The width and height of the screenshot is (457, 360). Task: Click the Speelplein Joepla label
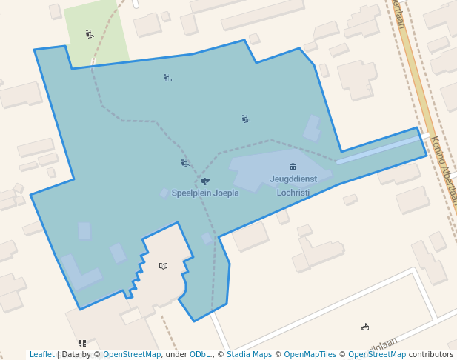[x=205, y=193]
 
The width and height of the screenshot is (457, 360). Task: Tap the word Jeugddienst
[x=293, y=179]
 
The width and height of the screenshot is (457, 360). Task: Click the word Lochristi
[x=293, y=193]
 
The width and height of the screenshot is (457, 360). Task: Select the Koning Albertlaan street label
[x=443, y=171]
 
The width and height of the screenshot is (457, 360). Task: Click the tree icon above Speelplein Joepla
[x=205, y=181]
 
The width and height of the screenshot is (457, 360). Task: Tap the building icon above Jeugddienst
[x=293, y=167]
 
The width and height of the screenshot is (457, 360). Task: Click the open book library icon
[x=164, y=266]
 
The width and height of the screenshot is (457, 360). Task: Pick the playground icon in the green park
[x=90, y=33]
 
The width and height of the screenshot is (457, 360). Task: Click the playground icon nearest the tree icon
[x=185, y=163]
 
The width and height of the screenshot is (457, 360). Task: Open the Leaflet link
[x=41, y=355]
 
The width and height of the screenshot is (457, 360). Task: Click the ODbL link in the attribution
[x=200, y=355]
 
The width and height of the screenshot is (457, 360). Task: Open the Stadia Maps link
[x=248, y=355]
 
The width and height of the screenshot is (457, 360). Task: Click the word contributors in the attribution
[x=431, y=355]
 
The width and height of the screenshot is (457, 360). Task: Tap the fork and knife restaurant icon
[x=82, y=344]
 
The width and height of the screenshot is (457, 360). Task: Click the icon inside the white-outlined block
[x=365, y=327]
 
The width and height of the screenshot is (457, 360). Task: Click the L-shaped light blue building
[x=79, y=275]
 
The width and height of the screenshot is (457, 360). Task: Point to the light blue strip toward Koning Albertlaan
[x=378, y=149]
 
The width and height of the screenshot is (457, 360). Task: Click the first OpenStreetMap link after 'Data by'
[x=132, y=355]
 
